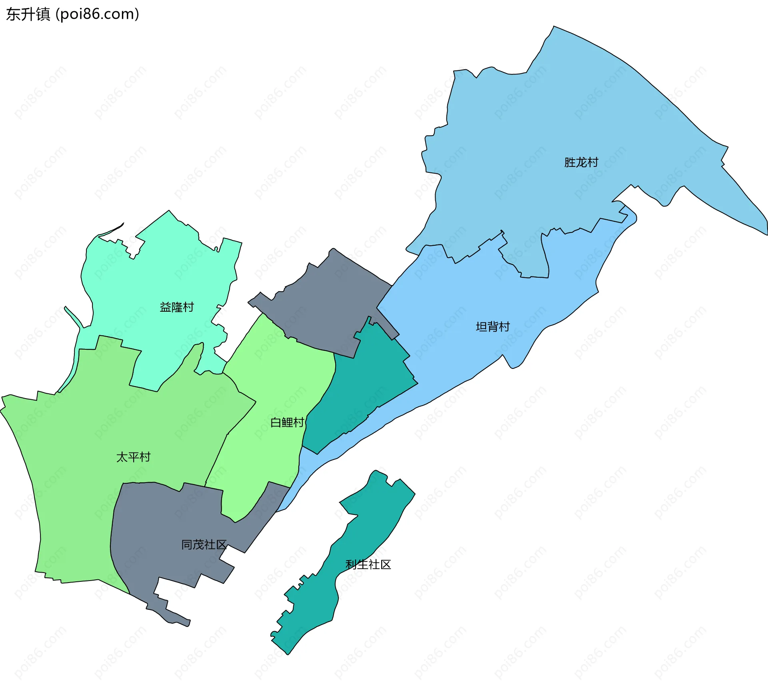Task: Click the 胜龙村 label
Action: tap(581, 162)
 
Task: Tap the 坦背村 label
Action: tap(492, 327)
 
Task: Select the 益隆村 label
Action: tap(176, 307)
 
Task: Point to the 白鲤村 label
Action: tap(287, 423)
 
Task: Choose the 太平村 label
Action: tap(133, 457)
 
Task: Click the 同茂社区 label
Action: tap(204, 545)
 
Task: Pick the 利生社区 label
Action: tap(368, 565)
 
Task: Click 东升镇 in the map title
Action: tap(28, 14)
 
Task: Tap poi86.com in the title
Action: tap(97, 14)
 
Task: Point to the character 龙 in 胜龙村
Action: tap(581, 162)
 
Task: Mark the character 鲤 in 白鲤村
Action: tap(287, 423)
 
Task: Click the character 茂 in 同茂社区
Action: tap(198, 545)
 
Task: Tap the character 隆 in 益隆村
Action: tap(177, 307)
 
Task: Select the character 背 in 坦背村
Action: tap(493, 327)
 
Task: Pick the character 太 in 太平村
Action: tap(122, 457)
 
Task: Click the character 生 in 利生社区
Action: tap(362, 565)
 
